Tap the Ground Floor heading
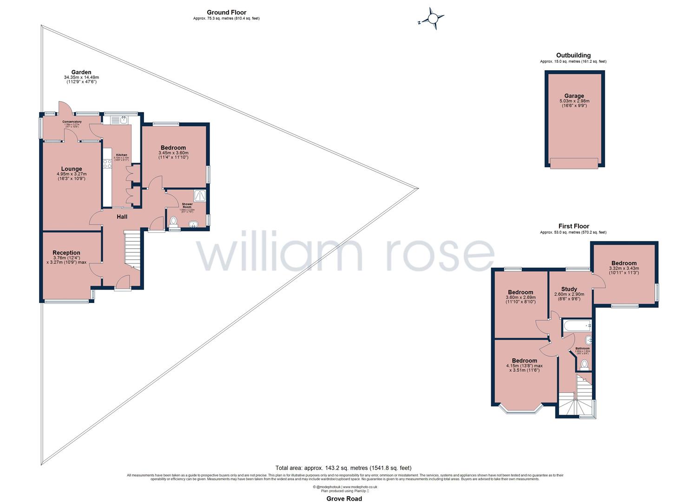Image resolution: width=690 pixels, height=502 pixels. tap(226, 13)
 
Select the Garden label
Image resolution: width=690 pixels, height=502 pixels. tap(81, 72)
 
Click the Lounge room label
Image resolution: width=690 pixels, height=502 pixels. tap(71, 169)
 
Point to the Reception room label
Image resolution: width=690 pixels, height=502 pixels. tap(66, 253)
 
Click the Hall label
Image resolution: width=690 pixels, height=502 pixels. tap(122, 217)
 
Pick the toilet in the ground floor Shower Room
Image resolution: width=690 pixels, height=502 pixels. tap(174, 221)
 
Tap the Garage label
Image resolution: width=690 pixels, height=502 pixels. tap(574, 96)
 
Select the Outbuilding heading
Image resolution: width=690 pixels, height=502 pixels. tap(573, 55)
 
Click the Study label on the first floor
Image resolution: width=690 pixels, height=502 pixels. tap(569, 289)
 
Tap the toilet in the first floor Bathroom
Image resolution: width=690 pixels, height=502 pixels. tap(584, 363)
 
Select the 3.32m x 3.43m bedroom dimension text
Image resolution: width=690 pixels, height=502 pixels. tap(624, 268)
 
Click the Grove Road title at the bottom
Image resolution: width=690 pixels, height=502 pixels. tap(344, 499)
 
